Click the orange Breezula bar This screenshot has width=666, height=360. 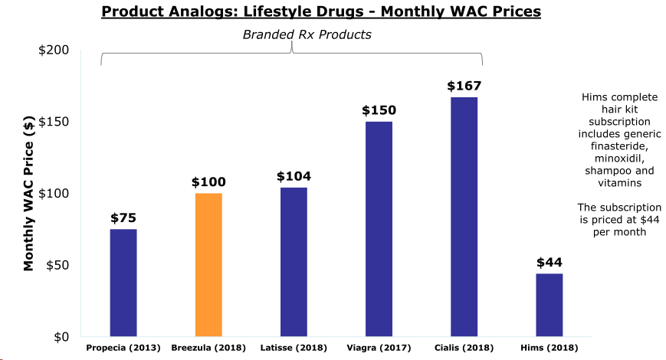coord(208,264)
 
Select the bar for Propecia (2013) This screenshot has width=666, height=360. coord(123,283)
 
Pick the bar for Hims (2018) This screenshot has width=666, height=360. coord(549,305)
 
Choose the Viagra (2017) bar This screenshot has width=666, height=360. coord(379,229)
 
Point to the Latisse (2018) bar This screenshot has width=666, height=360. coord(294,262)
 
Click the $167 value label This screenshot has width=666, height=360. coord(464,86)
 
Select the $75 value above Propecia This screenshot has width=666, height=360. coord(123,218)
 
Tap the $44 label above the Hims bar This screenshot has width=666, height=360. coord(549,262)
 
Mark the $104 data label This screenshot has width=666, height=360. coord(294,176)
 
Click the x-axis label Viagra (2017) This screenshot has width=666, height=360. coord(379,348)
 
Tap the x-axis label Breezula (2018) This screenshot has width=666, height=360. coord(208,348)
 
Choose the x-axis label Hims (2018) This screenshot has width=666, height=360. coord(549,348)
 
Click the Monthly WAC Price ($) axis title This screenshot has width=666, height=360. coord(28,194)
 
